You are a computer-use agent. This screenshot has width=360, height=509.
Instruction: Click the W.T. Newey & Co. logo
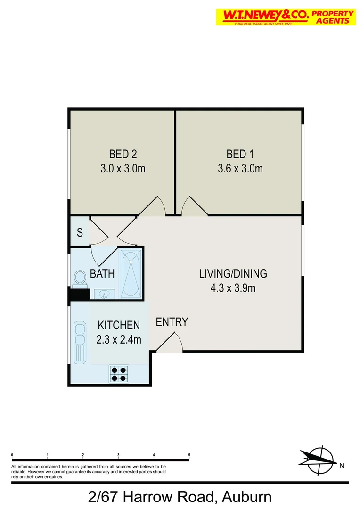(285, 17)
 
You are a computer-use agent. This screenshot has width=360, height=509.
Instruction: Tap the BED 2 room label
(123, 154)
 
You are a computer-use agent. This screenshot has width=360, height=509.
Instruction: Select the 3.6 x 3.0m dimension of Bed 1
(240, 168)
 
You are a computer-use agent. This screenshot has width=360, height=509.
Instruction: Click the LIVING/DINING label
(233, 273)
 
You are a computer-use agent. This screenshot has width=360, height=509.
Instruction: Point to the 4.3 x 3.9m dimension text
(233, 288)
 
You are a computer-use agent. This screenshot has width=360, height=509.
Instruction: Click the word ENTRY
(172, 322)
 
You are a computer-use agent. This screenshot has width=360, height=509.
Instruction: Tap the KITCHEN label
(119, 325)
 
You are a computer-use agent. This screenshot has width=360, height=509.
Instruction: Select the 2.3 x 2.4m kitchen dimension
(119, 339)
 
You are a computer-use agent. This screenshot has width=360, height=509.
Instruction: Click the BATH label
(102, 274)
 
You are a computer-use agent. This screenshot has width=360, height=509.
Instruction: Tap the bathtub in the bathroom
(131, 273)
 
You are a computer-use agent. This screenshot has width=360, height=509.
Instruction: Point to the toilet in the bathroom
(79, 279)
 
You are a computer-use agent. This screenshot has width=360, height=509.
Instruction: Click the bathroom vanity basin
(104, 295)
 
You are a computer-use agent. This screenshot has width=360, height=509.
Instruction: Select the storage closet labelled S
(80, 232)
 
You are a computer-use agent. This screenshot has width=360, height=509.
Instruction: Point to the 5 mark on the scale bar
(189, 455)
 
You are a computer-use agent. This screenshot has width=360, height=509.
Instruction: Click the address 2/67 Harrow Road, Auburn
(180, 497)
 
